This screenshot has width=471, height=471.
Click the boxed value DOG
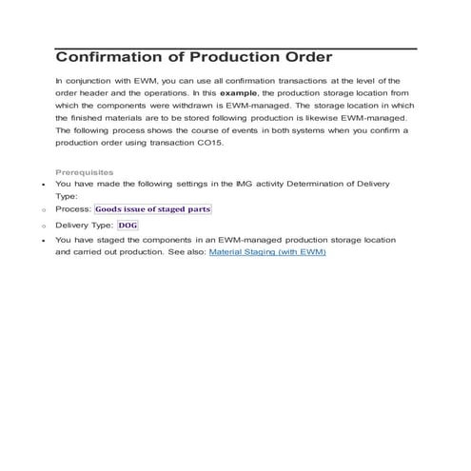128,226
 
